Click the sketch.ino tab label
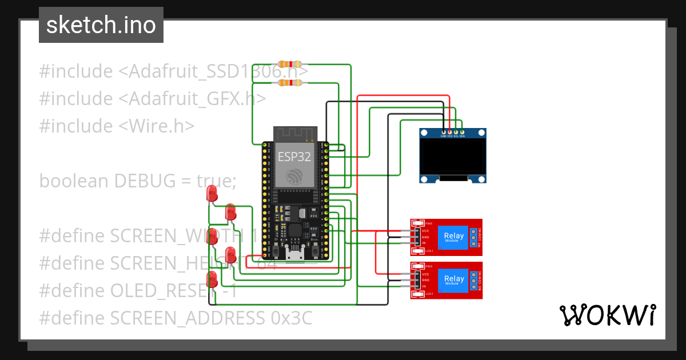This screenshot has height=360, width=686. pos(101,25)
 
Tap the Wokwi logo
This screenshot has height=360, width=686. pos(607,315)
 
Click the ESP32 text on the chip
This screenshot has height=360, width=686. pos(294,157)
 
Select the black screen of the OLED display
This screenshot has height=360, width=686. pos(453,157)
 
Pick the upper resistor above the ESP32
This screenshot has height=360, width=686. pos(289,65)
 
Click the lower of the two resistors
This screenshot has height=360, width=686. pos(289,83)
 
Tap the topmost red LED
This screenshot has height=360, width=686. pos(212,193)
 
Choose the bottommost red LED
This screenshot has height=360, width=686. pos(212,279)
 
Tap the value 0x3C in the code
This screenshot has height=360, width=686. pos(292,318)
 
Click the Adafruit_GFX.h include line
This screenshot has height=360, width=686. pos(152,98)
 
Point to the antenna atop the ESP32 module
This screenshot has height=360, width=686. pos(294,134)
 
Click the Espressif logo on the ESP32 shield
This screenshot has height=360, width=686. pos(294,175)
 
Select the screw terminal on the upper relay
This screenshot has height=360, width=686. pos(474,237)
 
